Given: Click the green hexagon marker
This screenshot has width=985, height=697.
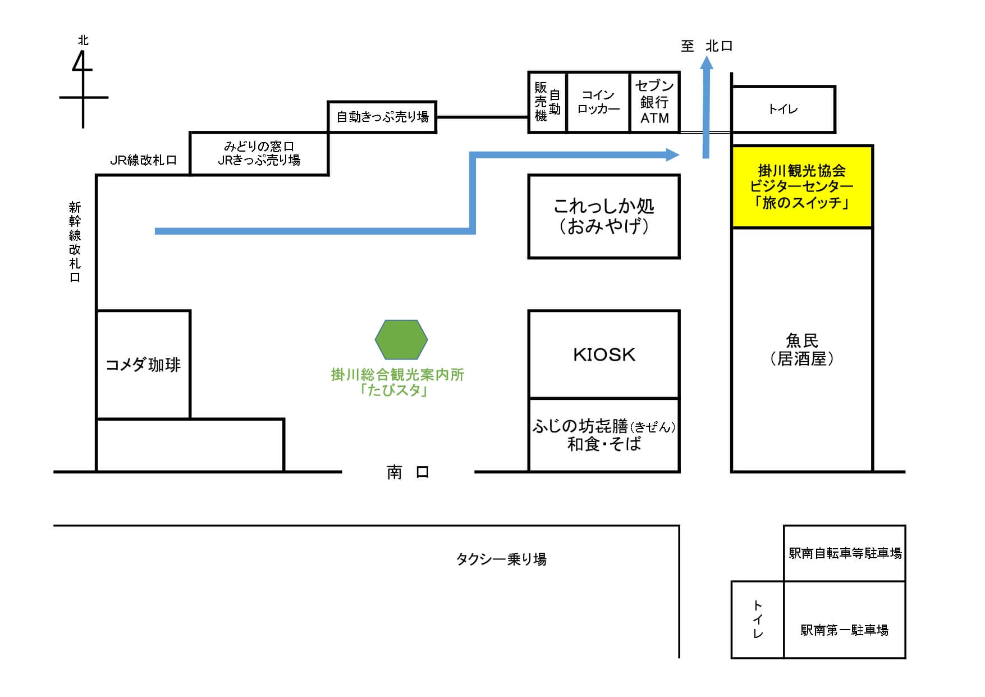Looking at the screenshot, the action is pos(401,340).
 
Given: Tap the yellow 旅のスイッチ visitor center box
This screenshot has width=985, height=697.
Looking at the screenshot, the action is pos(802,186).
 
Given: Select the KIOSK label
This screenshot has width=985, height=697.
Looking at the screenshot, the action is pos(604,355).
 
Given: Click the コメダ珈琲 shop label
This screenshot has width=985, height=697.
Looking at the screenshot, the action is pos(143,365).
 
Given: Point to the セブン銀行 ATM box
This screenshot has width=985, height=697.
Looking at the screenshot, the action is pos(654,102).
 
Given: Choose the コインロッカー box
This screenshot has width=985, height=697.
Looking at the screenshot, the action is pos(598,102).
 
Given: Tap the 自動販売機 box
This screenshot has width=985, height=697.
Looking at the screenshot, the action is pos(547,102).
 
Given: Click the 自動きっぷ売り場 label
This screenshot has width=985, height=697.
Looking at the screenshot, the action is pos(383,117).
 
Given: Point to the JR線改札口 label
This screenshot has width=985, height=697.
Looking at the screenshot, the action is pos(143,160).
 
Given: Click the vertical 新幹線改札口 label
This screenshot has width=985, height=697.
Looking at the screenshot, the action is pos(75,242).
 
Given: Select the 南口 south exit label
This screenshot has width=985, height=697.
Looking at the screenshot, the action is pos(408,472).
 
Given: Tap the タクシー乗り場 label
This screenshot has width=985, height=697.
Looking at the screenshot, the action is pos(501,559).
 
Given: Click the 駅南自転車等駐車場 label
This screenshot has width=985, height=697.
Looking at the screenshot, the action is pos(845,554).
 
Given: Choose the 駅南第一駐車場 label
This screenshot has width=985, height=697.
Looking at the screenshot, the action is pos(844,630).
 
